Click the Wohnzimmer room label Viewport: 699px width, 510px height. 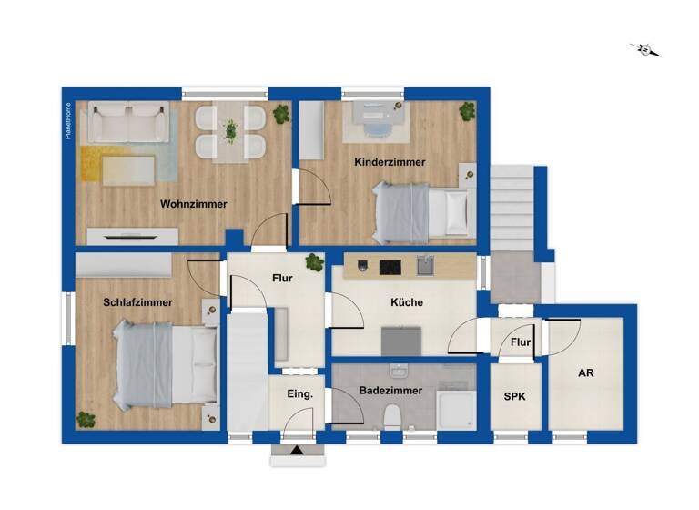(193, 204)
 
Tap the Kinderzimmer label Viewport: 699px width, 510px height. (390, 162)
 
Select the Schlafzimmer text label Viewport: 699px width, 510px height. (138, 302)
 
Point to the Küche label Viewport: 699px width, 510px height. (407, 302)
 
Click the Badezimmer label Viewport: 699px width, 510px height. (390, 390)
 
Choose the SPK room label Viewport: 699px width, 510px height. (514, 397)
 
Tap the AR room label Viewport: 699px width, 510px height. (585, 373)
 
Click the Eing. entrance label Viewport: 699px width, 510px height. (299, 394)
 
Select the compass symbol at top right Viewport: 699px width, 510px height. (645, 49)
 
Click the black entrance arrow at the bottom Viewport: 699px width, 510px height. (297, 449)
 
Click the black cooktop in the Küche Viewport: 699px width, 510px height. (390, 267)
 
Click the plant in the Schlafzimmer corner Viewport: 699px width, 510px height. (86, 420)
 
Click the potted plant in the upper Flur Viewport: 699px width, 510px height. (314, 263)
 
